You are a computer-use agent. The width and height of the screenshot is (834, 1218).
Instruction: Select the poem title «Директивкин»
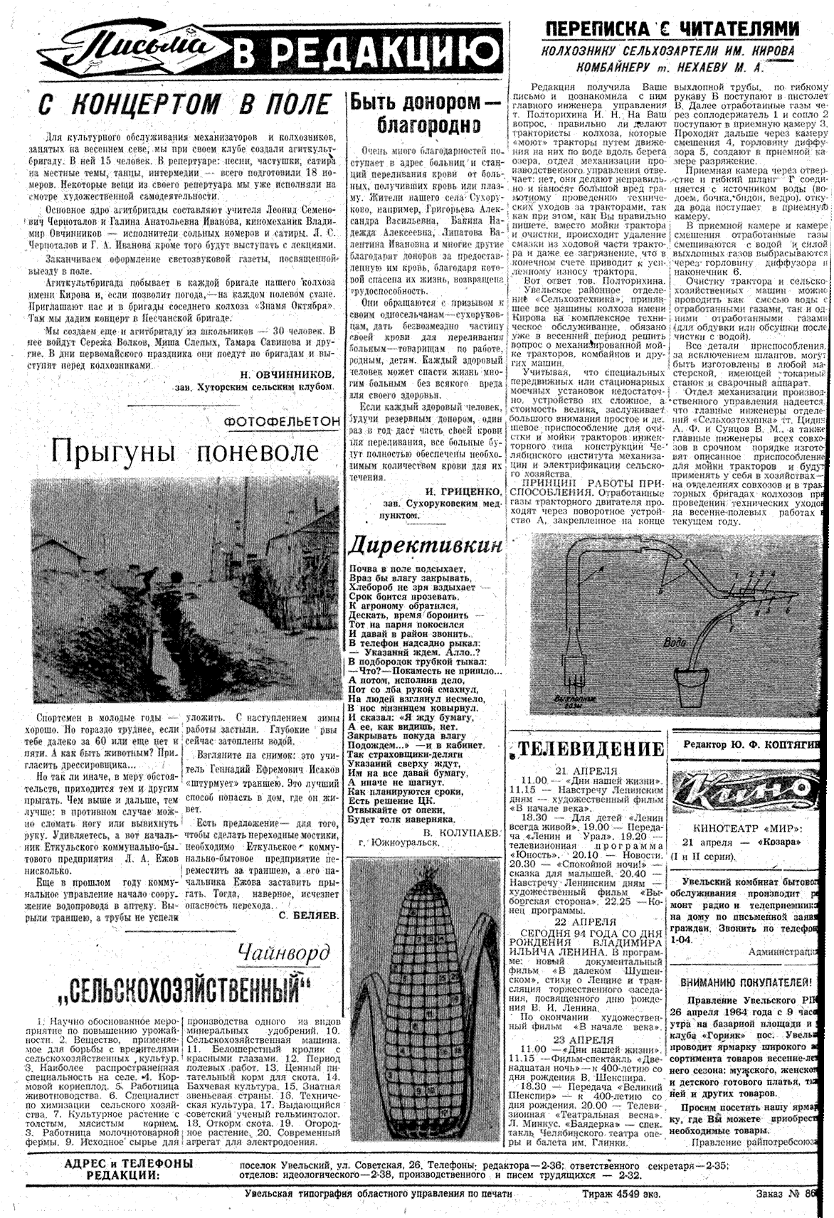click(x=425, y=545)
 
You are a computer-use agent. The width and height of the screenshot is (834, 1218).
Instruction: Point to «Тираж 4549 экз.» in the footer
click(x=620, y=1194)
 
